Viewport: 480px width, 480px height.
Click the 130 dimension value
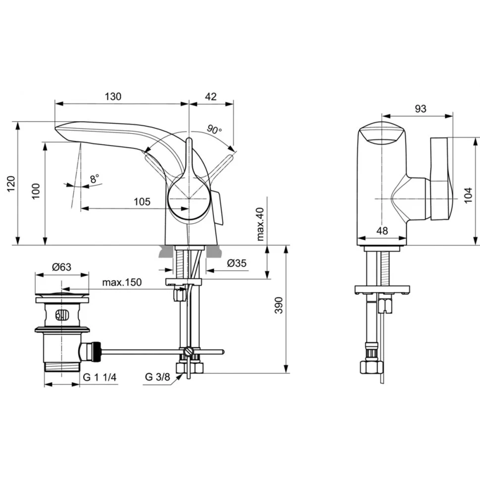click(x=113, y=96)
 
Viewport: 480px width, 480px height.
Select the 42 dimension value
click(x=211, y=96)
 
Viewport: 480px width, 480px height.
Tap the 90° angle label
click(x=214, y=129)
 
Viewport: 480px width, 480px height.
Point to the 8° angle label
click(x=95, y=179)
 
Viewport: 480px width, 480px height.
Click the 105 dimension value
click(x=142, y=201)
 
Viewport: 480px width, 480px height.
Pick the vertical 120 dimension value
click(x=11, y=184)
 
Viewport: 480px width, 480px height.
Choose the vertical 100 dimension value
click(x=36, y=191)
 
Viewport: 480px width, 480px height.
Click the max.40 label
click(x=260, y=224)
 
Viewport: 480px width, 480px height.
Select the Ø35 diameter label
click(x=237, y=263)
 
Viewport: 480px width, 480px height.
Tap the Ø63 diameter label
click(x=61, y=267)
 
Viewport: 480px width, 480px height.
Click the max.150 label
click(x=122, y=282)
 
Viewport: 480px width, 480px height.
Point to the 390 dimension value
click(x=279, y=305)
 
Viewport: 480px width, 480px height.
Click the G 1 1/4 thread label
click(x=100, y=377)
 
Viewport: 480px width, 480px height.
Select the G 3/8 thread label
click(x=157, y=377)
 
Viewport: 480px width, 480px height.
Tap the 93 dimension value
click(x=420, y=108)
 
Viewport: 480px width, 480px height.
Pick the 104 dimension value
click(x=468, y=195)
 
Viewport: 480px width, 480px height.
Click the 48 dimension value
click(x=382, y=230)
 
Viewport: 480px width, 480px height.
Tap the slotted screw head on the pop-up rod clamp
click(x=189, y=351)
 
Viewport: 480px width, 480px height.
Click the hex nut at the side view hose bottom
click(x=371, y=367)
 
